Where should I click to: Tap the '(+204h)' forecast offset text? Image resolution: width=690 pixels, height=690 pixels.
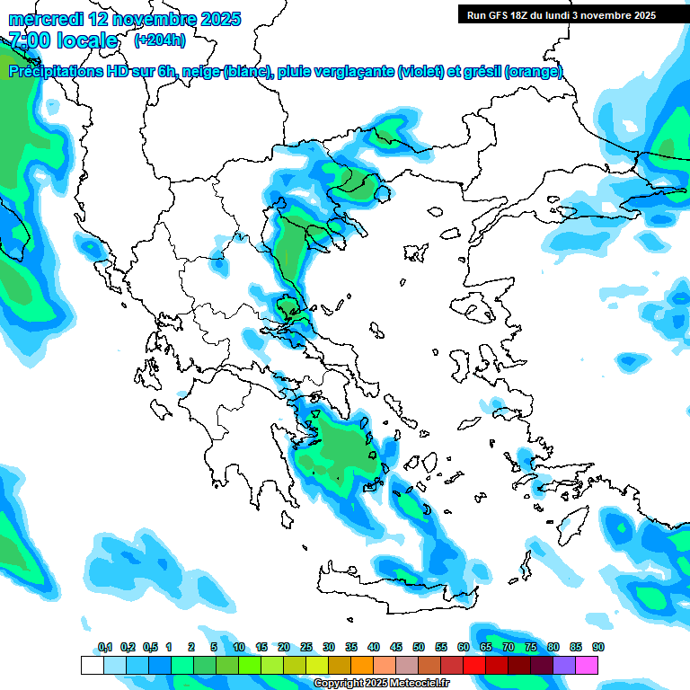tap(160, 40)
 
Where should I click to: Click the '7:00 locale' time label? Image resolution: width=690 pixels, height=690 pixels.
tap(64, 40)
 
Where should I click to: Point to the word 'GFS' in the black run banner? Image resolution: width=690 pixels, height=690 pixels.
tap(500, 15)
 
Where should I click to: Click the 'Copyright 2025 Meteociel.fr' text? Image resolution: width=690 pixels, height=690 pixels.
tap(382, 684)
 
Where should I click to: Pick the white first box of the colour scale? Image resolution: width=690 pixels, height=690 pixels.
tap(92, 665)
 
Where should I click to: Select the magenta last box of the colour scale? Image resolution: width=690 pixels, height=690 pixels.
tap(587, 665)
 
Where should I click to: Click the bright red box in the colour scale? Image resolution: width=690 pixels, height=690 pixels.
tap(474, 665)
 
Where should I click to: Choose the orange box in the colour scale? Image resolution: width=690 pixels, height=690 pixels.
tap(362, 665)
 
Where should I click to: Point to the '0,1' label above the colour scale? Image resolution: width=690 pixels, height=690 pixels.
tap(105, 648)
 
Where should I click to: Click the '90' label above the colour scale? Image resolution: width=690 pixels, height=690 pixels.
tap(598, 648)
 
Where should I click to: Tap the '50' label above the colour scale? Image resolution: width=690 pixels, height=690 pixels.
tap(419, 648)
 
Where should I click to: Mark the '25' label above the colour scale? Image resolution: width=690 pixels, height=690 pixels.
tap(306, 648)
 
